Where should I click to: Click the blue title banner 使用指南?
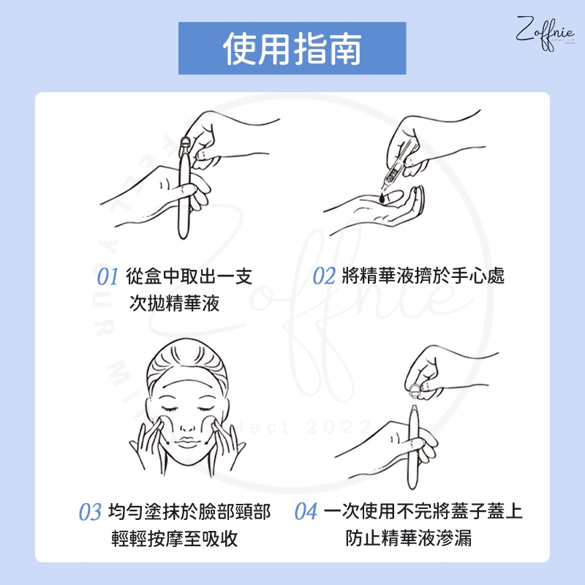(292, 48)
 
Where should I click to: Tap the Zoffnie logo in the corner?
(545, 33)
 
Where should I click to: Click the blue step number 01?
(107, 276)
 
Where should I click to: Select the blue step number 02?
(324, 276)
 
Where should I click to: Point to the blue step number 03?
(90, 511)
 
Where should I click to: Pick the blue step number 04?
(306, 511)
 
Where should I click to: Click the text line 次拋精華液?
(174, 303)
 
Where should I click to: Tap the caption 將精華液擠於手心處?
(423, 276)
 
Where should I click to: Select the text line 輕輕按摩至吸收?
(174, 538)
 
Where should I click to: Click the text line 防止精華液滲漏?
(409, 538)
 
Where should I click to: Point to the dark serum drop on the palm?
(382, 197)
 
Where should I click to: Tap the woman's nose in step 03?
(186, 425)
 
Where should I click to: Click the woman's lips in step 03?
(187, 442)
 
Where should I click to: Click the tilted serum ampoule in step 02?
(396, 168)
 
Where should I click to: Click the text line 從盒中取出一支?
(189, 276)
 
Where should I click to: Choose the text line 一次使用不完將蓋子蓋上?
(423, 511)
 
